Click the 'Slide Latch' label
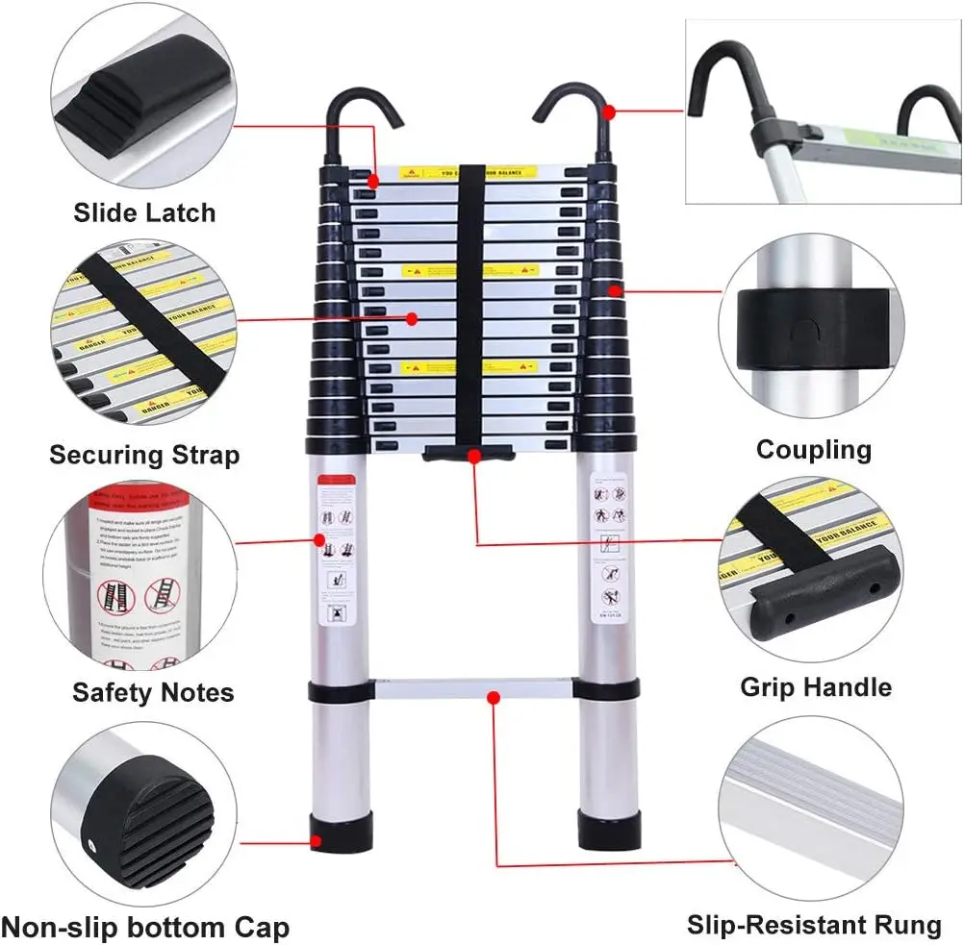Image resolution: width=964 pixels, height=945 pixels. pyautogui.click(x=144, y=212)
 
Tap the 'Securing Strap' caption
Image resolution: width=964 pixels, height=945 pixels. pyautogui.click(x=144, y=454)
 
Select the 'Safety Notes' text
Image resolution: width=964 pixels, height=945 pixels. pyautogui.click(x=153, y=692)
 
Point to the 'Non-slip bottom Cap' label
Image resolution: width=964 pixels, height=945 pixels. pyautogui.click(x=144, y=928)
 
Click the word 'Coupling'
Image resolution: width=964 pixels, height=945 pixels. pyautogui.click(x=813, y=449)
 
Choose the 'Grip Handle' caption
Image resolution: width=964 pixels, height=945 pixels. pyautogui.click(x=815, y=687)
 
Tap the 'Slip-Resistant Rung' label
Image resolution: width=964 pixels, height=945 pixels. pyautogui.click(x=814, y=925)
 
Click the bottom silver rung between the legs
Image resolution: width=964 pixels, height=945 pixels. pyautogui.click(x=471, y=689)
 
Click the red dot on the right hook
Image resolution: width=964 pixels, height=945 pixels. pyautogui.click(x=608, y=112)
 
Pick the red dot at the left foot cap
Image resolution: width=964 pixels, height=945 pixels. pyautogui.click(x=316, y=842)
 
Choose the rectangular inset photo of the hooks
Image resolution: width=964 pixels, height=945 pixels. pyautogui.click(x=823, y=113)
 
